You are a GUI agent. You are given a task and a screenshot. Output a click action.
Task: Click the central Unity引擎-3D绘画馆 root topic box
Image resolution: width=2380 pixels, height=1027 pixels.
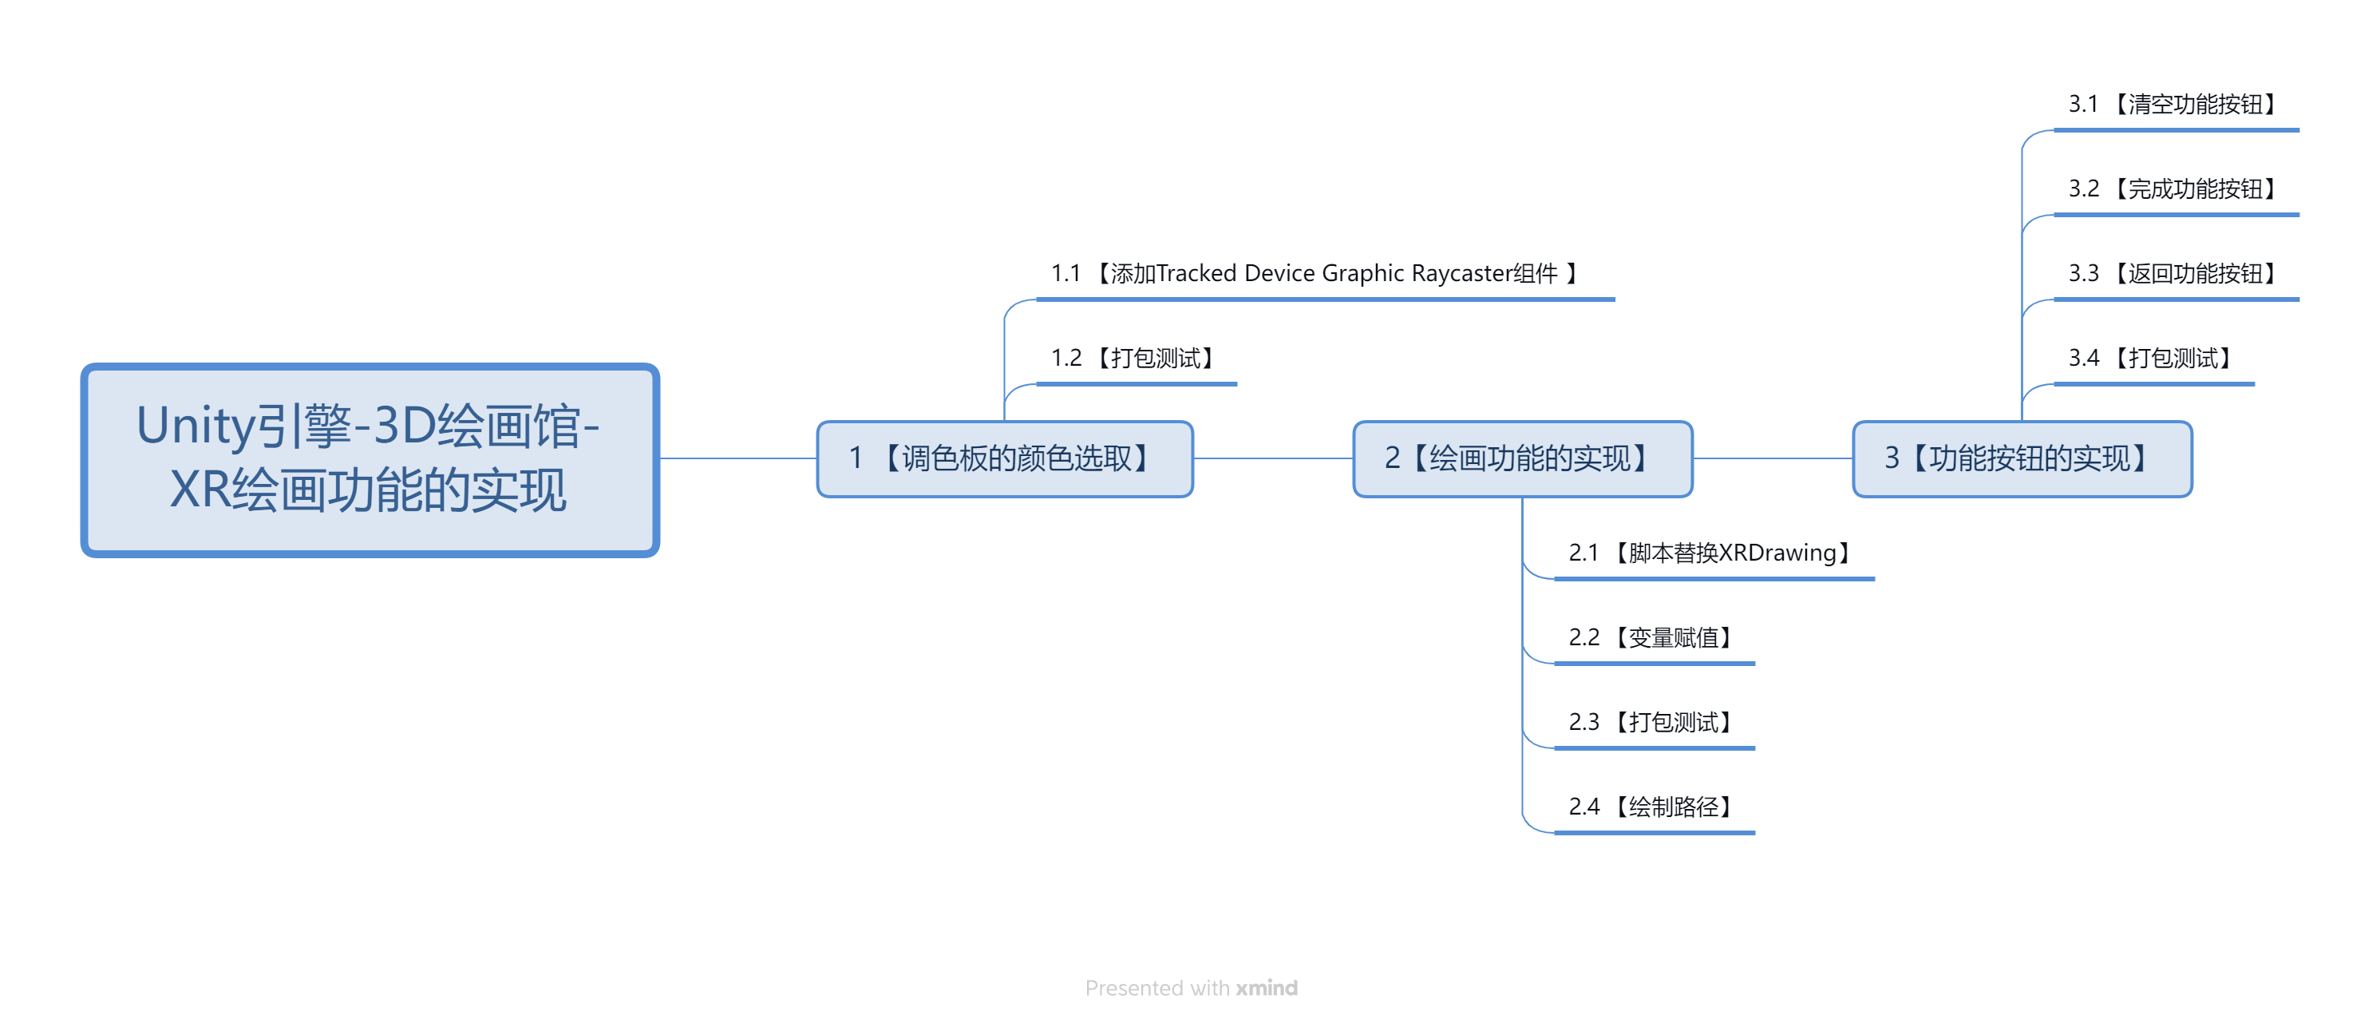370,459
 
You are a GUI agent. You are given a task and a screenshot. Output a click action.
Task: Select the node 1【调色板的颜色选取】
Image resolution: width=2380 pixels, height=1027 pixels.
1004,458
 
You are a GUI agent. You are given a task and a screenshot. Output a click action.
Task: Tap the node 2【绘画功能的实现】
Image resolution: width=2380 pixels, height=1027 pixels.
1522,458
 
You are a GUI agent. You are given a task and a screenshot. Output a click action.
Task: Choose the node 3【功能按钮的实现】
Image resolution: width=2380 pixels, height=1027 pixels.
2022,458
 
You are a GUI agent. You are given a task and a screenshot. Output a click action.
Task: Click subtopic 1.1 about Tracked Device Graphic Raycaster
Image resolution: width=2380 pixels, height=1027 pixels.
1314,274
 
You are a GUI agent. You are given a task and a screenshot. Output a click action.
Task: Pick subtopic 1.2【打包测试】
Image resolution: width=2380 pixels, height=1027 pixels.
1133,358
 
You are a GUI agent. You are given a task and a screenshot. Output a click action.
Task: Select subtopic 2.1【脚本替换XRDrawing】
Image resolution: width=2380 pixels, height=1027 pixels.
1710,553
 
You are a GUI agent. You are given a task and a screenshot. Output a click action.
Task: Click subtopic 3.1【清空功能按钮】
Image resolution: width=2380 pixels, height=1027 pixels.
2172,104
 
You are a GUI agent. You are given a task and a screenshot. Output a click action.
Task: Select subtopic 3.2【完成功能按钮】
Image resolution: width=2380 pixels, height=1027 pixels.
2172,188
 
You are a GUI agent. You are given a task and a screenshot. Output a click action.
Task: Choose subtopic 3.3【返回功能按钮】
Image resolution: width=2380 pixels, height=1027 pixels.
2172,274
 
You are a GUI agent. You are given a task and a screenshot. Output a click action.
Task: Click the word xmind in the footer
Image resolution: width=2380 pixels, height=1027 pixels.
1267,988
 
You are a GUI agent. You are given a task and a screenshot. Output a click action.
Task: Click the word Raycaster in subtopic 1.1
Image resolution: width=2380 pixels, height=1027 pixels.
1461,275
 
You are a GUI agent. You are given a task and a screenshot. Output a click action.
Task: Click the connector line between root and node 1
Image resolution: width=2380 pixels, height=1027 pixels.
738,458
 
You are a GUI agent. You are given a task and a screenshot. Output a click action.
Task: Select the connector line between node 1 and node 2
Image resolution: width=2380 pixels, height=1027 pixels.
1273,458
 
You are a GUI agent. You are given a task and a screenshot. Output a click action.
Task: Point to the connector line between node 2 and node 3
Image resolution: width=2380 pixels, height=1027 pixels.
1772,458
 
